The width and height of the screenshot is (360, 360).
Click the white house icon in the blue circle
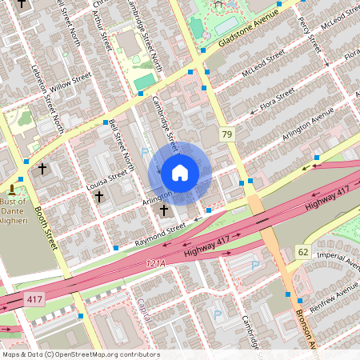tap(180, 172)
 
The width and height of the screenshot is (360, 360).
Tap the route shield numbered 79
tap(228, 134)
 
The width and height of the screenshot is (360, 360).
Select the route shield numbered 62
tap(303, 251)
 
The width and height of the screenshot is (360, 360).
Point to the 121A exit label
tap(155, 262)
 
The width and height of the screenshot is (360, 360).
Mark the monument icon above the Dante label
tap(12, 190)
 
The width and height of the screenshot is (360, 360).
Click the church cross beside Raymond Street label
tap(164, 210)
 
